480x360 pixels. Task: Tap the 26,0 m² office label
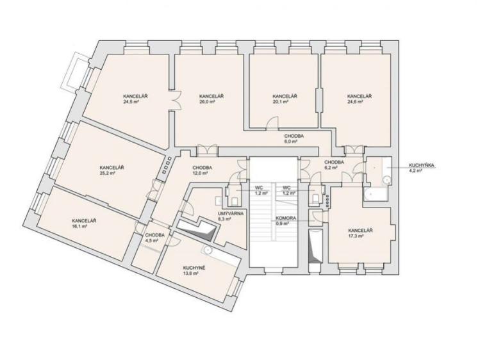(211, 99)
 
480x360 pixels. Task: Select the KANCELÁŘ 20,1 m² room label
(285, 99)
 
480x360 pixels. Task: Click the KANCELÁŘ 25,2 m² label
(112, 170)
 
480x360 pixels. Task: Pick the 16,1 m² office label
(84, 224)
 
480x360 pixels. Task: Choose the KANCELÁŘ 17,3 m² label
(360, 233)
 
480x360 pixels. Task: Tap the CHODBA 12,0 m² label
(202, 170)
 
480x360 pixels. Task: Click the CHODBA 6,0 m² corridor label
(294, 138)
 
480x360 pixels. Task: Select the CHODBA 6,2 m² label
(334, 165)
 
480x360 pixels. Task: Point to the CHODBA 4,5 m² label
(155, 238)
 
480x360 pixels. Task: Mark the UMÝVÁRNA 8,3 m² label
(231, 217)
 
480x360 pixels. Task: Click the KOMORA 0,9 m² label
(286, 221)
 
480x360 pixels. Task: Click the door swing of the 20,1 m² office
(272, 122)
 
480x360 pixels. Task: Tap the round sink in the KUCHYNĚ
(208, 250)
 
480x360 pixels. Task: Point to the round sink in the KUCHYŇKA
(387, 181)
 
